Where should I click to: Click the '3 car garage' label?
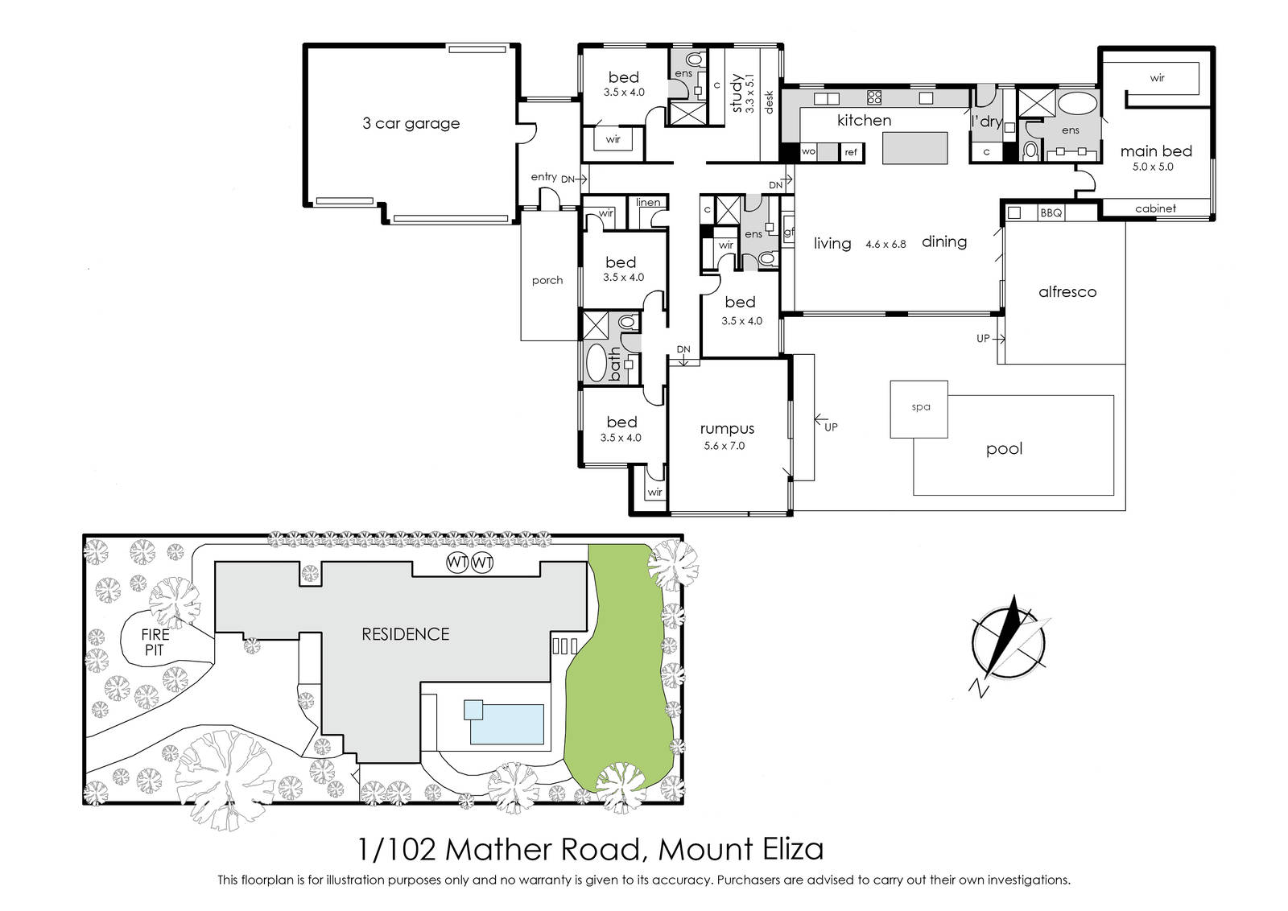point(411,124)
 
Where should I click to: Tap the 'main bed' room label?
point(1156,151)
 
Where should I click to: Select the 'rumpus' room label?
point(727,429)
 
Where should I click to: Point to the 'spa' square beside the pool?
point(919,410)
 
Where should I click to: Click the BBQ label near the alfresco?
point(1051,213)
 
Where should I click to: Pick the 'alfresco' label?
point(1067,292)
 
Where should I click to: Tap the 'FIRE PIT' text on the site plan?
point(155,642)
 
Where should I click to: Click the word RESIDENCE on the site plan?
point(406,634)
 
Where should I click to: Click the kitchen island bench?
point(914,148)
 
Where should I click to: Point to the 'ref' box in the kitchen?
point(851,152)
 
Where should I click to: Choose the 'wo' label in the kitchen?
point(808,152)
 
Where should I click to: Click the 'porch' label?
point(547,281)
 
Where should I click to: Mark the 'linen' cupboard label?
point(648,202)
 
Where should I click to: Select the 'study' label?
point(736,93)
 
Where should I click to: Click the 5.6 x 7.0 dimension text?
point(724,446)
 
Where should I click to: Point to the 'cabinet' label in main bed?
point(1155,208)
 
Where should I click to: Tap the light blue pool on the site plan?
point(506,724)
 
